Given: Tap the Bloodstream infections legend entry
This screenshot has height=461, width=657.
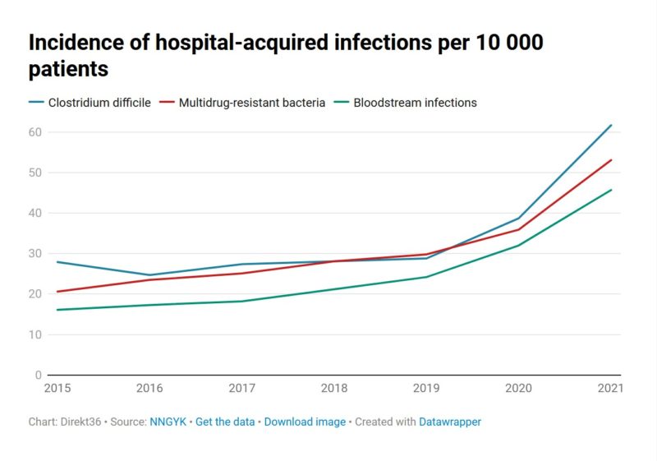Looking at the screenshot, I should click(415, 103).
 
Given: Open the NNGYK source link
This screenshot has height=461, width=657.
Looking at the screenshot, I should click(168, 422).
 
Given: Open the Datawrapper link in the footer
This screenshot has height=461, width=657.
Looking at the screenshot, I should click(450, 422).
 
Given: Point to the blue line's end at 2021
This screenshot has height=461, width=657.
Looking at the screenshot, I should click(611, 125).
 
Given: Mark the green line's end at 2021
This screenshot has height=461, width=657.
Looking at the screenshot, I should click(611, 190).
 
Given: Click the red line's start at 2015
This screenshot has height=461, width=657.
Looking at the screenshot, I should click(57, 292).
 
